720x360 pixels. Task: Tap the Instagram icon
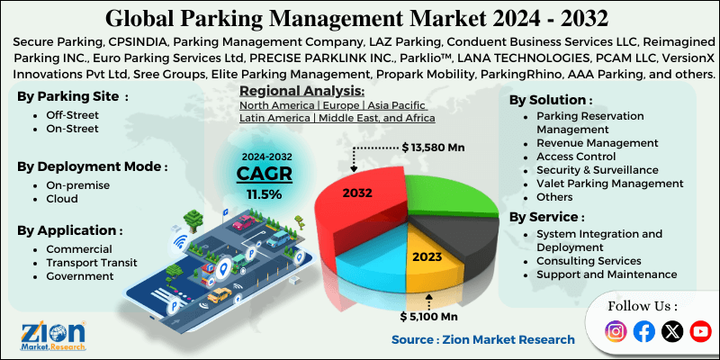[x=616, y=331]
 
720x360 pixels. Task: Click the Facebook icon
[x=643, y=331]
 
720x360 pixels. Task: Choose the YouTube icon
[x=699, y=331]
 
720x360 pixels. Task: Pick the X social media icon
[x=671, y=331]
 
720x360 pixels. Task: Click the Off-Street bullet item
[x=71, y=115]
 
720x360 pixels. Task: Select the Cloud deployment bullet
[x=63, y=197]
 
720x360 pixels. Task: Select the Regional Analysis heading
[x=301, y=91]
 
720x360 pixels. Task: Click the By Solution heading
[x=551, y=100]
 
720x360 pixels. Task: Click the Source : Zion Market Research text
[x=482, y=339]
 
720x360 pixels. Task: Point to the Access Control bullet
[x=576, y=157]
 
